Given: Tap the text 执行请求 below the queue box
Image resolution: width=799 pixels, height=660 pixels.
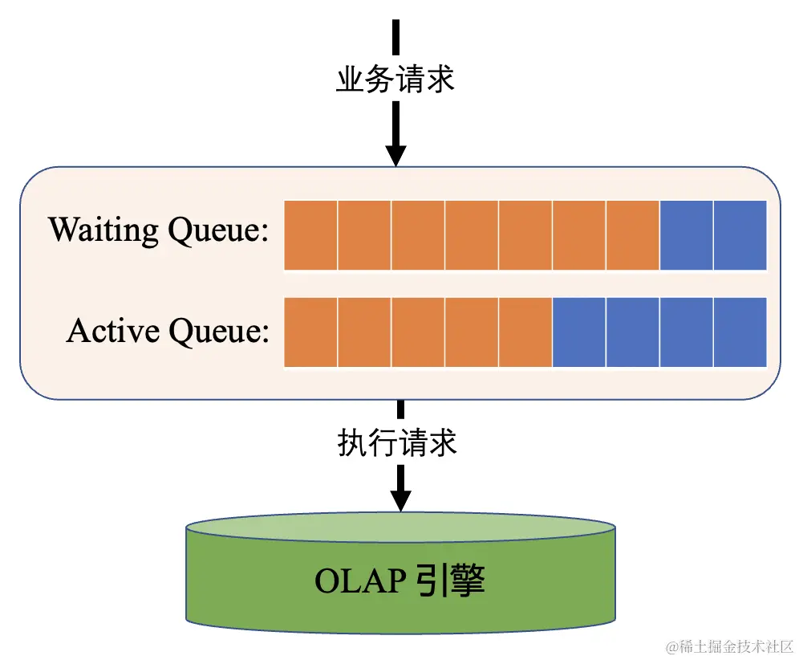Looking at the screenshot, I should [x=397, y=442].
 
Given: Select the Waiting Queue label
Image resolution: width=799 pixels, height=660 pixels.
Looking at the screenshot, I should [x=158, y=231].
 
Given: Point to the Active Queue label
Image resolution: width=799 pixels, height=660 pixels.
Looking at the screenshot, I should [x=168, y=331].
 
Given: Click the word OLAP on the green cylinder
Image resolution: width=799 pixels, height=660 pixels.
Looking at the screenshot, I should [x=359, y=581].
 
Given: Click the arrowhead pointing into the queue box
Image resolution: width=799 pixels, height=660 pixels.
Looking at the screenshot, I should [x=396, y=153].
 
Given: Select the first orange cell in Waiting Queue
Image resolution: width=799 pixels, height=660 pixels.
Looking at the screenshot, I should [x=311, y=235].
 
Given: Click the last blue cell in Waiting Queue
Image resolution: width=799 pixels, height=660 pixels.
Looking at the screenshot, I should [x=740, y=235].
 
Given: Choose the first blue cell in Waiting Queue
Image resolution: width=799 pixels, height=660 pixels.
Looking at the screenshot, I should [x=686, y=235].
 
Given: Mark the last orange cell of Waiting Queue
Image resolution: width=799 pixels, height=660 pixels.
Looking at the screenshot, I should [x=632, y=235].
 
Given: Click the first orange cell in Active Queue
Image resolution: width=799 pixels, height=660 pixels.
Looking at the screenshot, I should [x=311, y=332].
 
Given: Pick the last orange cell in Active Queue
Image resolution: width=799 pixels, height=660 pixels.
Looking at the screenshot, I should [x=525, y=332].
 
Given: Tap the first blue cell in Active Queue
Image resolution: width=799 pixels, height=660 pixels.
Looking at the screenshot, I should [x=578, y=332].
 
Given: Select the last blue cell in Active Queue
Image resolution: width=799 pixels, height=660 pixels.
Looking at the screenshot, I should [x=740, y=332].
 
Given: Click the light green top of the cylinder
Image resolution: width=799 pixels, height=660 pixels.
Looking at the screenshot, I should [x=400, y=528].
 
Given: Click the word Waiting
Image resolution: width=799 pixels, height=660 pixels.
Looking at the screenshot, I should [x=104, y=231].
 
